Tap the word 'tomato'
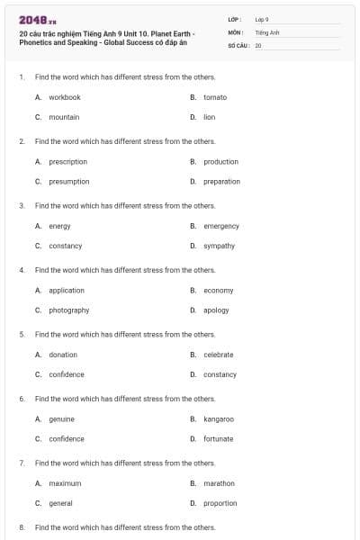coord(215,97)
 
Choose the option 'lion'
coord(209,117)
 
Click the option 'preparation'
coord(221,182)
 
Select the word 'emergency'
coord(220,226)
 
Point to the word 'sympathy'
coord(219,246)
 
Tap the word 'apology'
coord(216,310)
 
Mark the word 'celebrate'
coord(218,355)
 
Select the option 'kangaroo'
coord(219,419)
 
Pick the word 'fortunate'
coord(218,439)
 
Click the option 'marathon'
coord(219,483)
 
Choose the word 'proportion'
coord(220,503)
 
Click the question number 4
coord(22,270)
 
